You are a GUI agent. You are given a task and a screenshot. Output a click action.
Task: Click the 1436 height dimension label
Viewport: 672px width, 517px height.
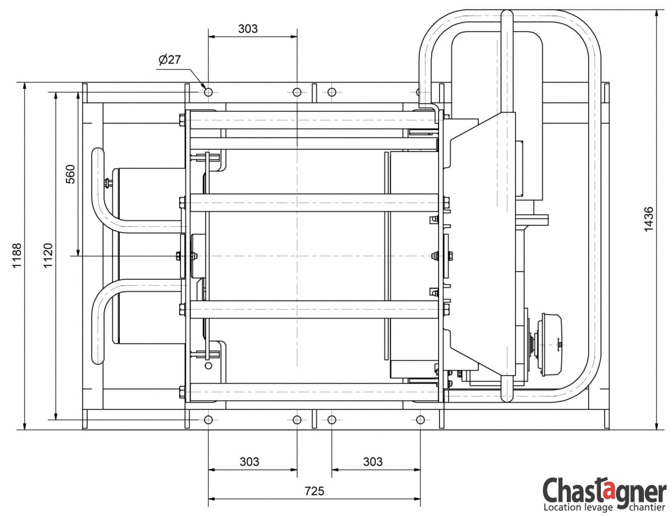click(648, 220)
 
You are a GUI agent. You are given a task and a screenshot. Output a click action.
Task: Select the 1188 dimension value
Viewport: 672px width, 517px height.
click(16, 255)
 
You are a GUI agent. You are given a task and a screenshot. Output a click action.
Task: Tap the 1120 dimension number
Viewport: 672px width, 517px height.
click(48, 255)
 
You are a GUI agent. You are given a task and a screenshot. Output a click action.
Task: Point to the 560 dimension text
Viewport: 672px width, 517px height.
click(71, 174)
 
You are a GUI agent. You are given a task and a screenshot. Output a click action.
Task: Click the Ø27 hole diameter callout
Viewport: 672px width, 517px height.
click(170, 59)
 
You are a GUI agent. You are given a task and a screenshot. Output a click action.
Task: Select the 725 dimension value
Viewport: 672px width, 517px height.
click(314, 491)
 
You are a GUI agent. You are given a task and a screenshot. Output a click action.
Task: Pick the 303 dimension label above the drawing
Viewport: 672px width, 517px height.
click(248, 29)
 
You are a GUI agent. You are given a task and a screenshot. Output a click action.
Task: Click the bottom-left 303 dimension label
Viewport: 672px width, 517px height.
click(249, 462)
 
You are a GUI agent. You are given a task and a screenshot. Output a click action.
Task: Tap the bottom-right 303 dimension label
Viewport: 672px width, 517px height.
click(373, 462)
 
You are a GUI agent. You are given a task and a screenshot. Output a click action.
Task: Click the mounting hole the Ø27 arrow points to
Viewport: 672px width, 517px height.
click(208, 92)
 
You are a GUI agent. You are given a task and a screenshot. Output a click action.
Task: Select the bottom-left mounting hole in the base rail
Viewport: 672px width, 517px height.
click(208, 420)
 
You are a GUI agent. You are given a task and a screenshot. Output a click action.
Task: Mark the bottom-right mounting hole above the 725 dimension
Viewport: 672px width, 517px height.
click(420, 420)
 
